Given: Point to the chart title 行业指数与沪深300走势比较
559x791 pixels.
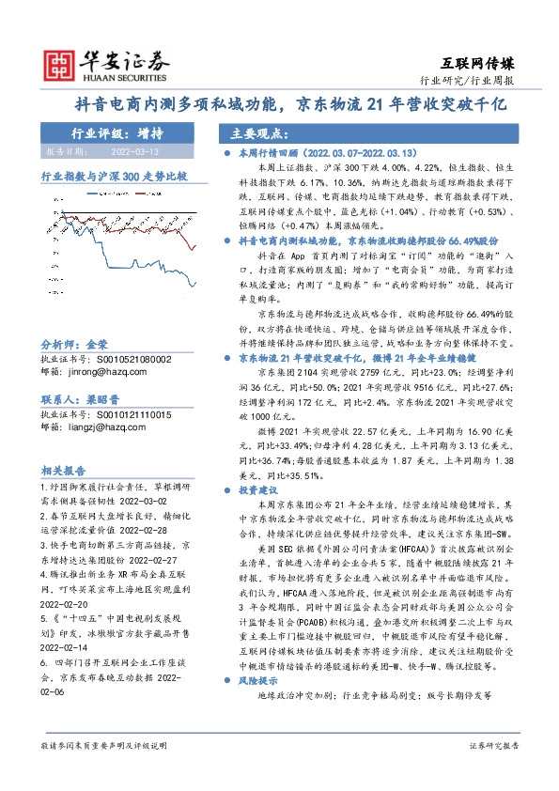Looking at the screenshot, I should (x=114, y=176).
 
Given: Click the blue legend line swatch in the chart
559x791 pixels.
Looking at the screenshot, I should (x=91, y=194).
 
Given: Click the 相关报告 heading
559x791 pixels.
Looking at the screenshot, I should (x=63, y=470).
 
